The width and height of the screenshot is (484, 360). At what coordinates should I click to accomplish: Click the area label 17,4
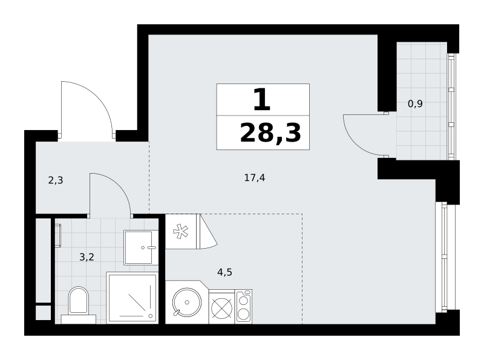coord(254,178)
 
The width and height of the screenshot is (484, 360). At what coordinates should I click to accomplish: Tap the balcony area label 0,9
coord(415,103)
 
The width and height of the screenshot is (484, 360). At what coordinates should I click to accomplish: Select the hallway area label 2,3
coord(56,180)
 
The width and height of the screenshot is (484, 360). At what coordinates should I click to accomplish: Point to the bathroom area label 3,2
coord(87,257)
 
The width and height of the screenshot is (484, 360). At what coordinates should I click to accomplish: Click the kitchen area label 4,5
coord(224,272)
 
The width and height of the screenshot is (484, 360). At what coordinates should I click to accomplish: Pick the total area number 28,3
coord(270,133)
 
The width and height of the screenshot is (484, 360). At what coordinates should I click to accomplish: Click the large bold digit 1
coord(262,99)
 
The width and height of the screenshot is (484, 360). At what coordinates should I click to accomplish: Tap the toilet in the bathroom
coord(79,305)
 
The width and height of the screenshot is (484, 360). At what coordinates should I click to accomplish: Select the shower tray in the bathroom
coord(132,298)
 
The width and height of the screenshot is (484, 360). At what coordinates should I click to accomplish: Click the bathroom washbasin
coord(141,247)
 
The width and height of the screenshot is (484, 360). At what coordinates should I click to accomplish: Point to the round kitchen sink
coord(186,303)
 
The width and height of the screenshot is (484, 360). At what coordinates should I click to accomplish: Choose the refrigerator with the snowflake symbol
coord(181,231)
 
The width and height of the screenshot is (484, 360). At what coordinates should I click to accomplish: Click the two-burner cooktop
coord(243,307)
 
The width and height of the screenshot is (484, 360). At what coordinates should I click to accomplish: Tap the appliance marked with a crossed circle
coord(221,308)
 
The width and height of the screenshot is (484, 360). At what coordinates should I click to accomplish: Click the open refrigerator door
coord(208,232)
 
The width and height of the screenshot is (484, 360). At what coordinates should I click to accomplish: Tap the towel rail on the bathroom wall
coord(58,235)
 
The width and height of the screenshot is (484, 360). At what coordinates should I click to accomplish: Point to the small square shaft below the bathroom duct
coord(43,313)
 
